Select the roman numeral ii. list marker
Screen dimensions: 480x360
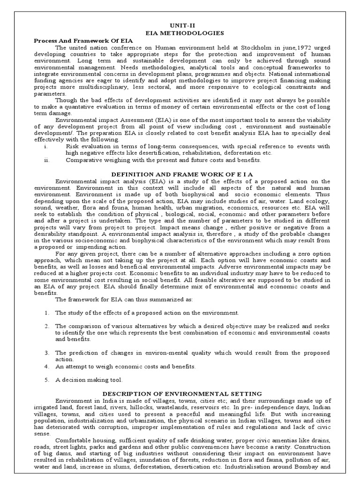pyautogui.click(x=46, y=160)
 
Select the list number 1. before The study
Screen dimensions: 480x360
pyautogui.click(x=47, y=312)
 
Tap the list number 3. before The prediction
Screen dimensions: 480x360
pyautogui.click(x=47, y=352)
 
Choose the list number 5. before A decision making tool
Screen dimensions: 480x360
pyautogui.click(x=47, y=380)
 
